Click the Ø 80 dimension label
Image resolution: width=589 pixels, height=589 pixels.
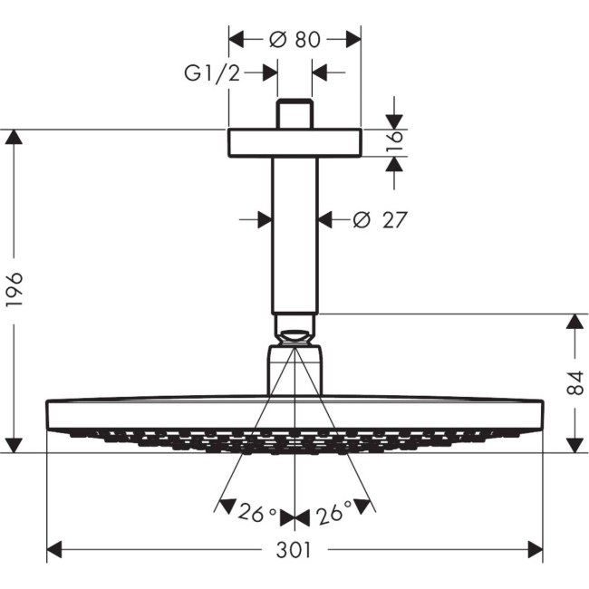tap(294, 40)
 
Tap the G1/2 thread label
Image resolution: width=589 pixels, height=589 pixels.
tap(212, 73)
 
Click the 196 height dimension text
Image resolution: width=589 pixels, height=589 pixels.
tap(14, 290)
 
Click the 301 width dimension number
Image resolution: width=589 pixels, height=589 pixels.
tap(294, 550)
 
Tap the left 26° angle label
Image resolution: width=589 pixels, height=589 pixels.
tap(256, 516)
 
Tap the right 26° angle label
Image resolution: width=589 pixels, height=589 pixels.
tap(333, 516)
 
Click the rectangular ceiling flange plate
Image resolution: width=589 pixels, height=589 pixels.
tap(294, 143)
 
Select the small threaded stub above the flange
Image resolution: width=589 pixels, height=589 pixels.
tap(294, 114)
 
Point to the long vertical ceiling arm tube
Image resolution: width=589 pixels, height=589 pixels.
tap(294, 236)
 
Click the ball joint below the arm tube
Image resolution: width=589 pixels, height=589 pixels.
tap(294, 329)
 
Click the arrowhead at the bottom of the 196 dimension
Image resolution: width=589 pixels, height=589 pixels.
tap(14, 444)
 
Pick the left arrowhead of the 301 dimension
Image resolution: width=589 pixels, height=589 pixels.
tap(54, 550)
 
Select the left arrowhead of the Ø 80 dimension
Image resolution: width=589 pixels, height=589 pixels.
tap(237, 40)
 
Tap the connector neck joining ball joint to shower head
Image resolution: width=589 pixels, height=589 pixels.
tap(294, 372)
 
